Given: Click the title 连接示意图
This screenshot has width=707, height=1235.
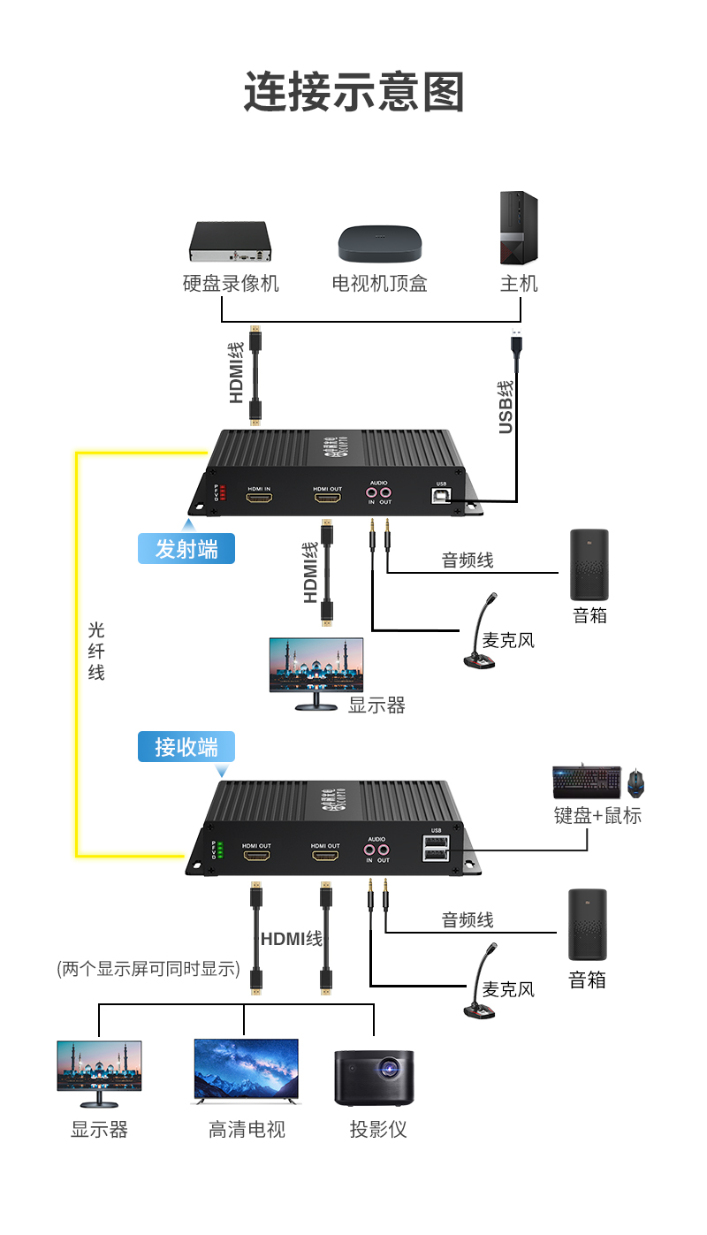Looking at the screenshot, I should coord(353,92).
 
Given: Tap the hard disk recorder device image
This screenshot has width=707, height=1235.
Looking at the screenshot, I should coord(229,242).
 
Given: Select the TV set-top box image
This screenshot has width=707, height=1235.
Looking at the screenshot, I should coord(380,243).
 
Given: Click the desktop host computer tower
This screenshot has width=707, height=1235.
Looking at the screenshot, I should coord(519,228).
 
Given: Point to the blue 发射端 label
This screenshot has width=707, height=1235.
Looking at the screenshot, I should coord(186,549).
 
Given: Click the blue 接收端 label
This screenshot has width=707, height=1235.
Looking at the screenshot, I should coord(186,747).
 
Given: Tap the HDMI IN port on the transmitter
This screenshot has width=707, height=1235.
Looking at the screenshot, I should coord(259,499).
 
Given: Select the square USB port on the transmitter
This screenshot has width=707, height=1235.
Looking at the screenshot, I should coord(441,497).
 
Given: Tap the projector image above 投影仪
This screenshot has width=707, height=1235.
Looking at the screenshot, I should coord(374,1076).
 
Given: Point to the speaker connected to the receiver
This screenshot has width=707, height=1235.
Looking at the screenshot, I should coord(588,925).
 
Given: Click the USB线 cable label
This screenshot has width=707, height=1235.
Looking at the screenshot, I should coord(506,407).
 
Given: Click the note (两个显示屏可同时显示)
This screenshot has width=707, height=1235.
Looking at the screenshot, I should coord(148,968).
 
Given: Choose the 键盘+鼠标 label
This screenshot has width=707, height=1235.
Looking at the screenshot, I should coord(597,815).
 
